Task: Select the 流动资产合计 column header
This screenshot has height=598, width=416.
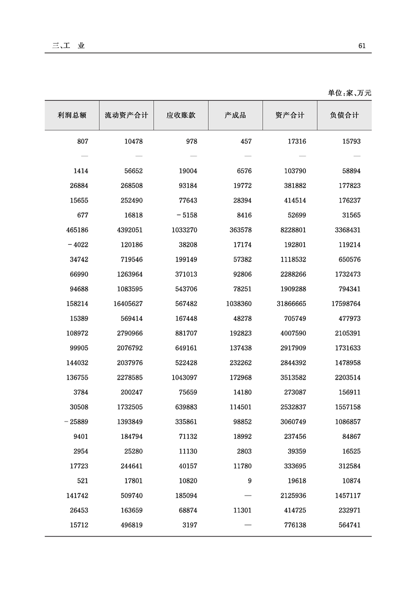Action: (126, 115)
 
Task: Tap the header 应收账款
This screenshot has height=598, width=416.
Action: (180, 115)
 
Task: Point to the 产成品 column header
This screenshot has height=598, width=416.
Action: (235, 115)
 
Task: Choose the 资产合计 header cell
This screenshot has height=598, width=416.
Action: (290, 115)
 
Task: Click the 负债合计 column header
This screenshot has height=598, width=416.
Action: (344, 115)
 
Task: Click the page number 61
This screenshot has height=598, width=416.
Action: (361, 46)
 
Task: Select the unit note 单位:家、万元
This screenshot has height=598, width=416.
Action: (349, 93)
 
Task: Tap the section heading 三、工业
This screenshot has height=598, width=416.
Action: (68, 46)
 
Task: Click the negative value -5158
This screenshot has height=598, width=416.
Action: (186, 215)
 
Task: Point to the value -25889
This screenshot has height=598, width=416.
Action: (77, 422)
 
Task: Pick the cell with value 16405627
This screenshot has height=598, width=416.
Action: (128, 304)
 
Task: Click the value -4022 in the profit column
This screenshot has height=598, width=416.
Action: (78, 245)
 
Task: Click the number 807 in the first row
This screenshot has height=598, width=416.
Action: (82, 141)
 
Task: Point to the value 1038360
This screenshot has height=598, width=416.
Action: (237, 304)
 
